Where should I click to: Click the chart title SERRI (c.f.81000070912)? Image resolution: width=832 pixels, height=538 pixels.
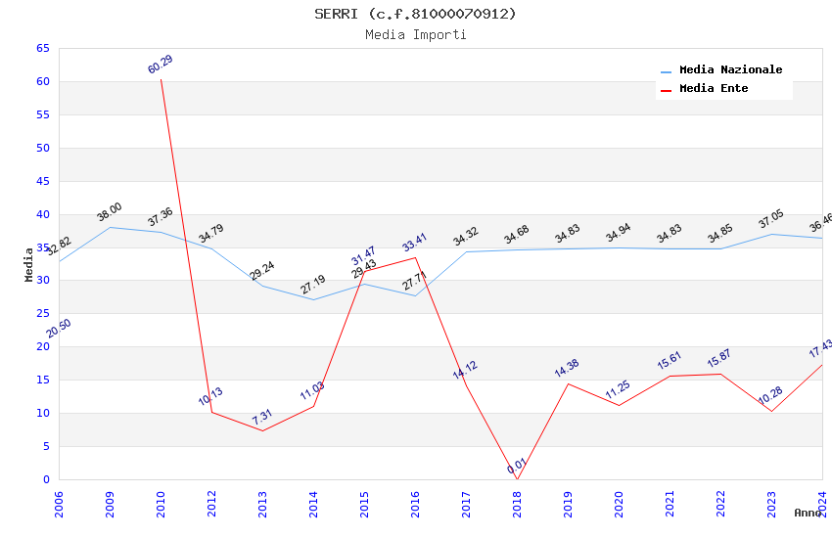pyautogui.click(x=415, y=14)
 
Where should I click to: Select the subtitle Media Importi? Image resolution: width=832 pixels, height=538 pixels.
pyautogui.click(x=415, y=34)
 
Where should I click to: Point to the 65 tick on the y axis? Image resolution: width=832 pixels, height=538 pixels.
pyautogui.click(x=42, y=48)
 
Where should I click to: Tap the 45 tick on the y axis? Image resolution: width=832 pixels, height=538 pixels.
pyautogui.click(x=42, y=181)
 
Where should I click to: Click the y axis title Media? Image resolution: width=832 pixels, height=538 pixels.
pyautogui.click(x=29, y=264)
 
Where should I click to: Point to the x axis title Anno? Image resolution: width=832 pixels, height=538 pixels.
pyautogui.click(x=808, y=513)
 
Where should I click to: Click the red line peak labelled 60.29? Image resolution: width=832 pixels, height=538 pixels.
pyautogui.click(x=161, y=79)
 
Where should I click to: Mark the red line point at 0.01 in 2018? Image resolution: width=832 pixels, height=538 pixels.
pyautogui.click(x=517, y=479)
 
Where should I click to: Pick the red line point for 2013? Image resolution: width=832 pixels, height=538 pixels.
pyautogui.click(x=262, y=430)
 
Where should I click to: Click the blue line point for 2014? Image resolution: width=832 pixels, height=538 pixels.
pyautogui.click(x=313, y=299)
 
